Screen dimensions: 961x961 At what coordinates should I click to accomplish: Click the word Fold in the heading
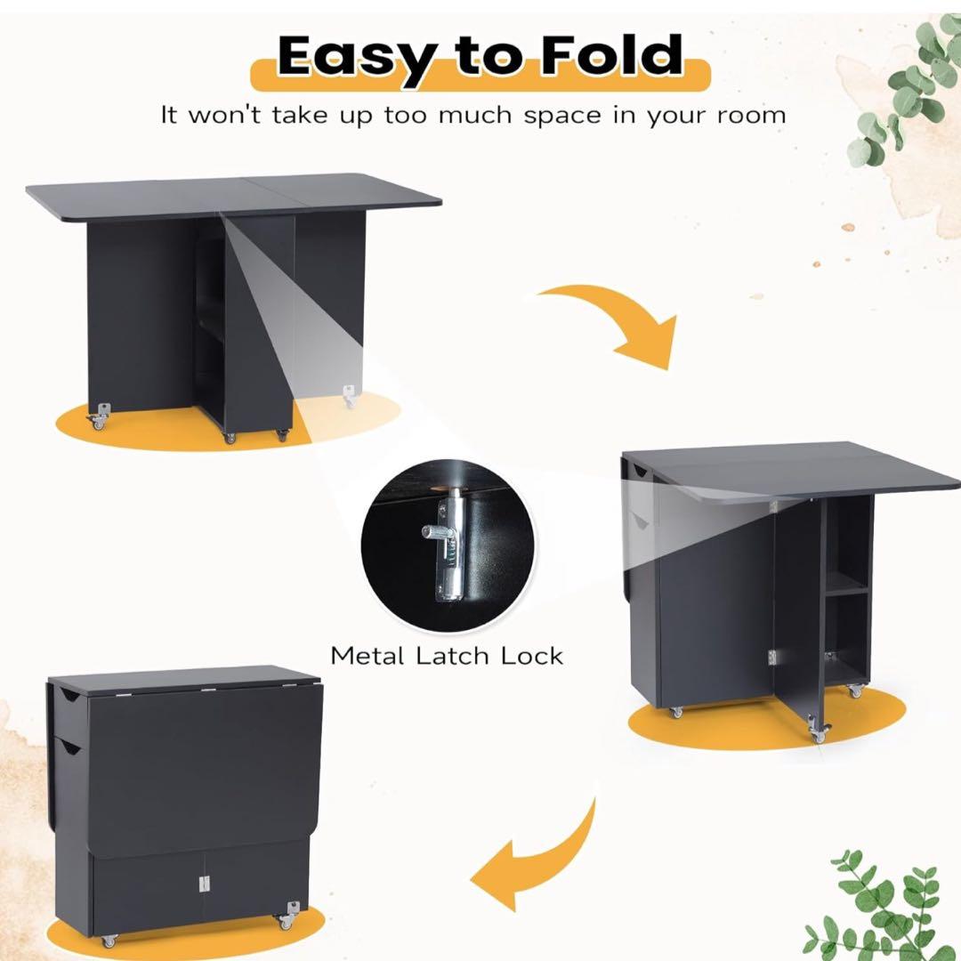[x=611, y=55]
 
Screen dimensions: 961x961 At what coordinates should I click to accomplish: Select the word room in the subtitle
[x=751, y=115]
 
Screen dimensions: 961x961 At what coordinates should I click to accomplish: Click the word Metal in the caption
[x=367, y=656]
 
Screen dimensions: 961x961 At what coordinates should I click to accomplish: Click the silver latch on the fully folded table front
[x=204, y=884]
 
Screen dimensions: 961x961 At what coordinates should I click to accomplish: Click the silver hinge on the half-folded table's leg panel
[x=772, y=657]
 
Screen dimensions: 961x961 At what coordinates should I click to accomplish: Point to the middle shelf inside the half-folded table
[x=847, y=591]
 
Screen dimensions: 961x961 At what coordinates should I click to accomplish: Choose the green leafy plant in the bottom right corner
[x=883, y=907]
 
